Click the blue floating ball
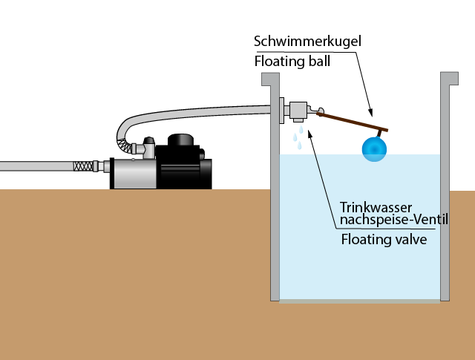click(x=374, y=148)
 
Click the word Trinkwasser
click(x=375, y=206)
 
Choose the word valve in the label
click(x=410, y=239)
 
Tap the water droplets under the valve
click(x=298, y=137)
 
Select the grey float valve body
click(x=299, y=111)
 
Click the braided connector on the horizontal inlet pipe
click(x=86, y=166)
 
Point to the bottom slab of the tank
click(x=359, y=301)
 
